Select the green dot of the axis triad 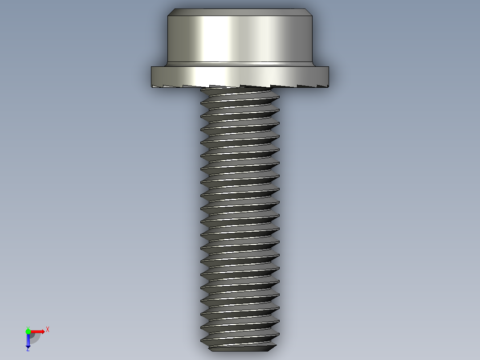point(28,331)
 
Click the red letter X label point(48,330)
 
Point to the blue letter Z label point(28,350)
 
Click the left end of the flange point(153,76)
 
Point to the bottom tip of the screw point(240,348)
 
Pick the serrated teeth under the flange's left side point(174,86)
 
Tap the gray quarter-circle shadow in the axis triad point(35,338)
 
